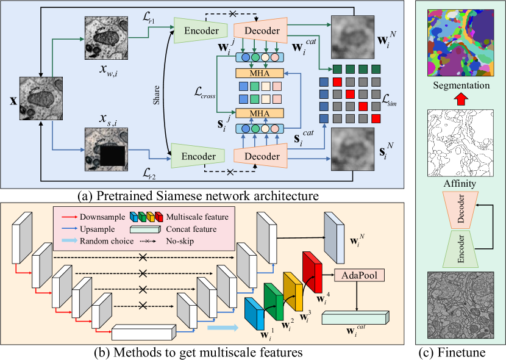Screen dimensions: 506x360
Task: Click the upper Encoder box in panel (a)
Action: pos(201,31)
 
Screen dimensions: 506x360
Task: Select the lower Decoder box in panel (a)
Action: pos(261,156)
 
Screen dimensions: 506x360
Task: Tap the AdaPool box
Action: pos(359,275)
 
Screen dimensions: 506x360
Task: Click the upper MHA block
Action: pos(260,73)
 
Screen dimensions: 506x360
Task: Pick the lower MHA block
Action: pos(260,113)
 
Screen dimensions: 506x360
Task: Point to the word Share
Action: pos(157,95)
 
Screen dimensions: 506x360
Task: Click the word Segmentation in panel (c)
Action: pos(461,85)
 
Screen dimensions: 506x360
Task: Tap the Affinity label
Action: pos(460,184)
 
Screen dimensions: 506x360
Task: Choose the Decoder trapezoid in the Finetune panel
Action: pos(460,208)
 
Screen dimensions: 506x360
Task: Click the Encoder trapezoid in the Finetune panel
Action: pos(460,249)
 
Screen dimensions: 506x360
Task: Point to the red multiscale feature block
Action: pos(312,272)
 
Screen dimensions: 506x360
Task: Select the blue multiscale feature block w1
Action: pos(254,314)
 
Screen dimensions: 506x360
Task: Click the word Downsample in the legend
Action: pos(102,217)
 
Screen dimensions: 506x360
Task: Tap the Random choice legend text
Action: pos(107,241)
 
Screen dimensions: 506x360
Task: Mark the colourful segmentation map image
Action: pos(460,43)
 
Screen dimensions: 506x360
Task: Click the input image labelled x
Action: pos(41,98)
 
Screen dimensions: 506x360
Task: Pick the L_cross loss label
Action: pos(205,93)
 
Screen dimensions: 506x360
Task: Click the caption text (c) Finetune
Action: pos(452,352)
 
